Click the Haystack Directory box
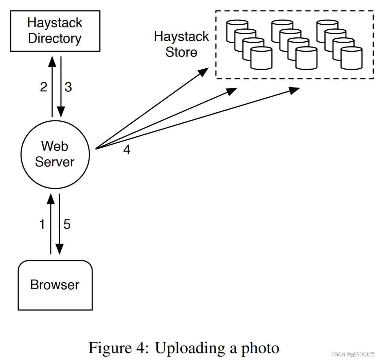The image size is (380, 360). [55, 31]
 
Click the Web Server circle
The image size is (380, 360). [55, 154]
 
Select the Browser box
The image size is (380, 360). [55, 285]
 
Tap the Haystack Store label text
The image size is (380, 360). [181, 44]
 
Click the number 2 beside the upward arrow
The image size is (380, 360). [44, 87]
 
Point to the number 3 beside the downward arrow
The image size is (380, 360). [68, 87]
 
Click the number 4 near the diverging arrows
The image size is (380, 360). [127, 150]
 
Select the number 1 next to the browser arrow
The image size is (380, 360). [42, 224]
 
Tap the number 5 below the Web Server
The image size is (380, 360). [67, 224]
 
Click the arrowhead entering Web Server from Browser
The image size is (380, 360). [51, 199]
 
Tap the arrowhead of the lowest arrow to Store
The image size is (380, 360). [294, 90]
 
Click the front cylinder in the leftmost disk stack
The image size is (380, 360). [261, 58]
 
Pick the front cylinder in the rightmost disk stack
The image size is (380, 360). [351, 58]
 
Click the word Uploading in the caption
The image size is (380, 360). [190, 348]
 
